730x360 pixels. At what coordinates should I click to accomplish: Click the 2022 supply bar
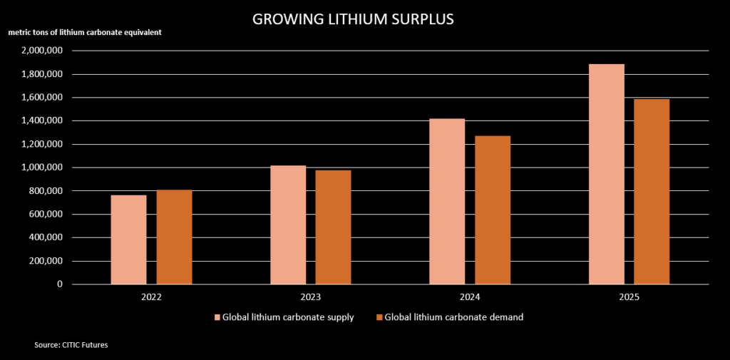(129, 240)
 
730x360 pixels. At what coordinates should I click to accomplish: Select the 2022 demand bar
(174, 237)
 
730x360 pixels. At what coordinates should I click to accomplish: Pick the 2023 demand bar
(333, 227)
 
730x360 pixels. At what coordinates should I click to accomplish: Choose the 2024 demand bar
(493, 210)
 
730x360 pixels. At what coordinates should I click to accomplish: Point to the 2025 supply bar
(607, 174)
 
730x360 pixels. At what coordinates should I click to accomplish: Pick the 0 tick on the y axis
(59, 284)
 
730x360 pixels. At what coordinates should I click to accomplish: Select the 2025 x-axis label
(629, 296)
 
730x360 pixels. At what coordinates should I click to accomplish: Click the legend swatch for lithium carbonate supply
(217, 317)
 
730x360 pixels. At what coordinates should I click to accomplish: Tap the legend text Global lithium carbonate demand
(453, 317)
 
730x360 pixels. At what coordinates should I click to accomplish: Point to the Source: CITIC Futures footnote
(71, 345)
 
